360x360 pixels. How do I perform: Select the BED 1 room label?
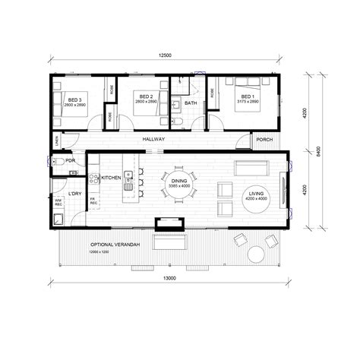248,96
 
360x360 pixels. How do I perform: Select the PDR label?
69,161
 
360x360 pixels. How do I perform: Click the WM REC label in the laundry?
58,203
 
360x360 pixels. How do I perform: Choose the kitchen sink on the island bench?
130,183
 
